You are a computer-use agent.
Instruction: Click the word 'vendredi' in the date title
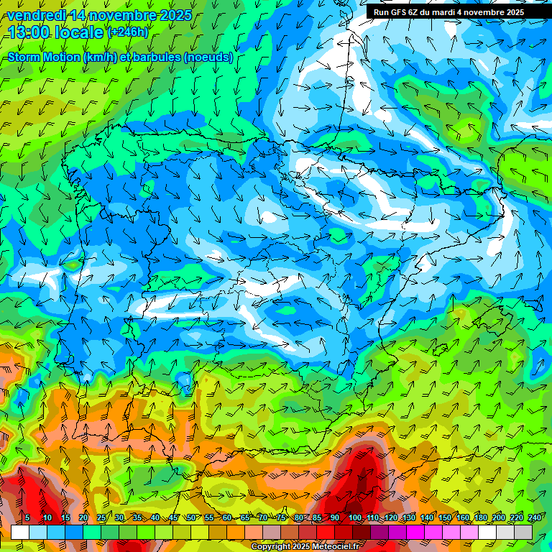[36, 15]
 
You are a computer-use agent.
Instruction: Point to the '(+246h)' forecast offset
[127, 32]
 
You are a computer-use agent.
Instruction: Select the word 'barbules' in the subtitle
[156, 57]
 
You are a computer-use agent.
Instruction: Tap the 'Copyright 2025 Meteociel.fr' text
[305, 546]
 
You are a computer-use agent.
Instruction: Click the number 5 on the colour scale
[27, 517]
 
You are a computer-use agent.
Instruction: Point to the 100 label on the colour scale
[355, 517]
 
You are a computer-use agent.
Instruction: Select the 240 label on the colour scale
[535, 517]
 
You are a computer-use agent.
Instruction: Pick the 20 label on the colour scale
[83, 517]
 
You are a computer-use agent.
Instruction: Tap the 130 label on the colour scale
[409, 517]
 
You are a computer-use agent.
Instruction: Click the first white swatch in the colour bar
[20, 532]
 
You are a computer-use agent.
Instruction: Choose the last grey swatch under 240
[523, 532]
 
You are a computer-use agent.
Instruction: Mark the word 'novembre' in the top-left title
[124, 15]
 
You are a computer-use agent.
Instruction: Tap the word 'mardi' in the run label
[456, 12]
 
